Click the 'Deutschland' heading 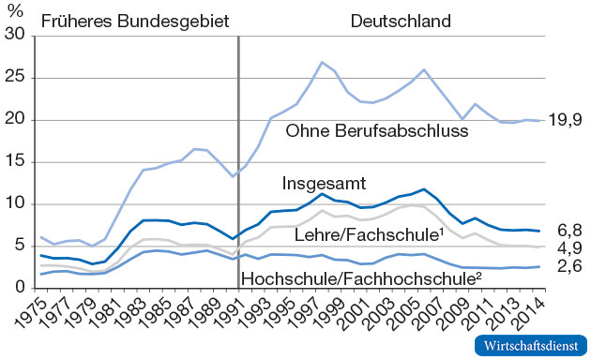(x=402, y=20)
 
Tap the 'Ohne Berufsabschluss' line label (x=378, y=130)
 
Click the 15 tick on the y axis (x=15, y=162)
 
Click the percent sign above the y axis (x=12, y=11)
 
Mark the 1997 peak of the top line (x=322, y=62)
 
